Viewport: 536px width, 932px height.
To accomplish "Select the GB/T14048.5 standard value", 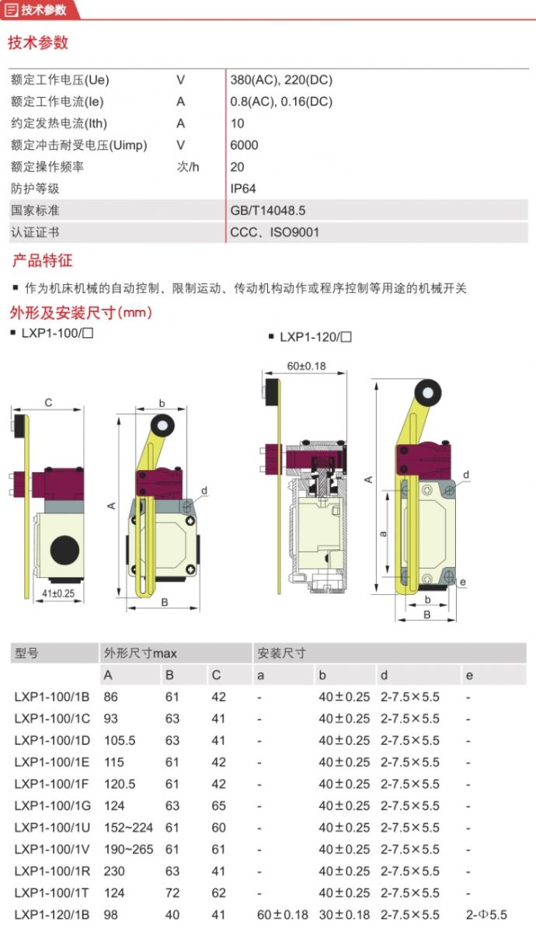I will [268, 210].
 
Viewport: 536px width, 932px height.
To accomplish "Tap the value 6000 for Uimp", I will [244, 144].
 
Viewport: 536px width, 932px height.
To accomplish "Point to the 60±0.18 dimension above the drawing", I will [305, 366].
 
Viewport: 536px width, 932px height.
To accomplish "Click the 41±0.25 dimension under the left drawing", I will [58, 594].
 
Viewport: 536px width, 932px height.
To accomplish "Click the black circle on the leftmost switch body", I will [65, 548].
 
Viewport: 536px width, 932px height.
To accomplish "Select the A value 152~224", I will [128, 827].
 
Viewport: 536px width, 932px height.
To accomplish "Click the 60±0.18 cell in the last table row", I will [283, 914].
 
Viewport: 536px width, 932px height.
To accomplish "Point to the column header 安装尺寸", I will [282, 653].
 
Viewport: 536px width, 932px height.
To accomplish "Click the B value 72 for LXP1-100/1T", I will [172, 892].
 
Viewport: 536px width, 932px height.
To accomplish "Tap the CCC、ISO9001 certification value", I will [274, 231].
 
